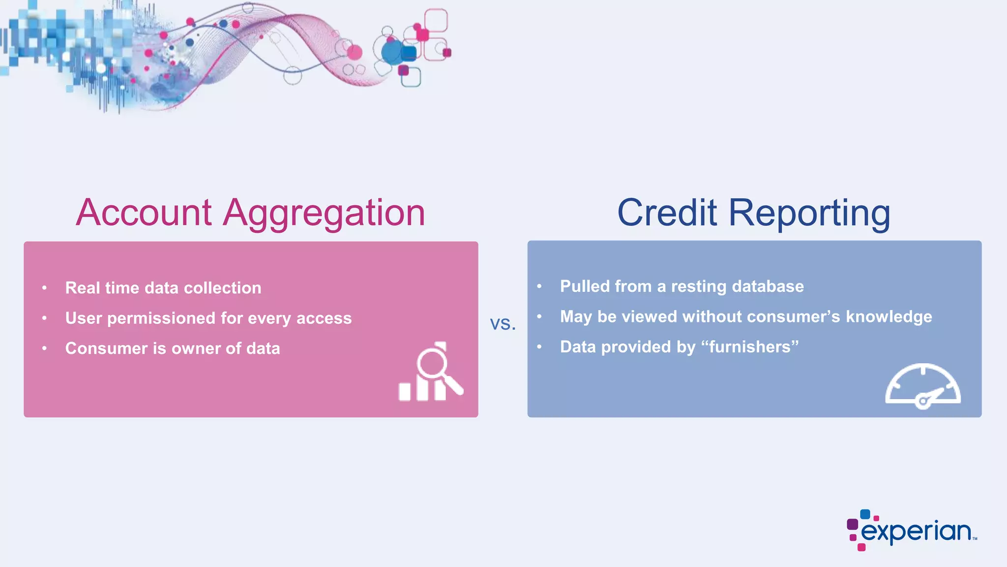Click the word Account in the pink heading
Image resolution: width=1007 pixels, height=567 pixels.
144,213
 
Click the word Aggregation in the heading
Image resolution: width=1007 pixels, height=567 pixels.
324,213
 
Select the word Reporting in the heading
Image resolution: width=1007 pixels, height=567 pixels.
809,213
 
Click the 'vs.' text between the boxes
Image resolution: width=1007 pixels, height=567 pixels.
503,324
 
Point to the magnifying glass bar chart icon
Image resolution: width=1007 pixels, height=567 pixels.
431,373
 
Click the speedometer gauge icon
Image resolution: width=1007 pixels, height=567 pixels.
922,387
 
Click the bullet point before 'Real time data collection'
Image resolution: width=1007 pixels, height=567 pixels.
45,288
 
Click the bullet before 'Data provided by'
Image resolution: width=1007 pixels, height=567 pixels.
539,347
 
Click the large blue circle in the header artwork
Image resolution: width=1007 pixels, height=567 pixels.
393,52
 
